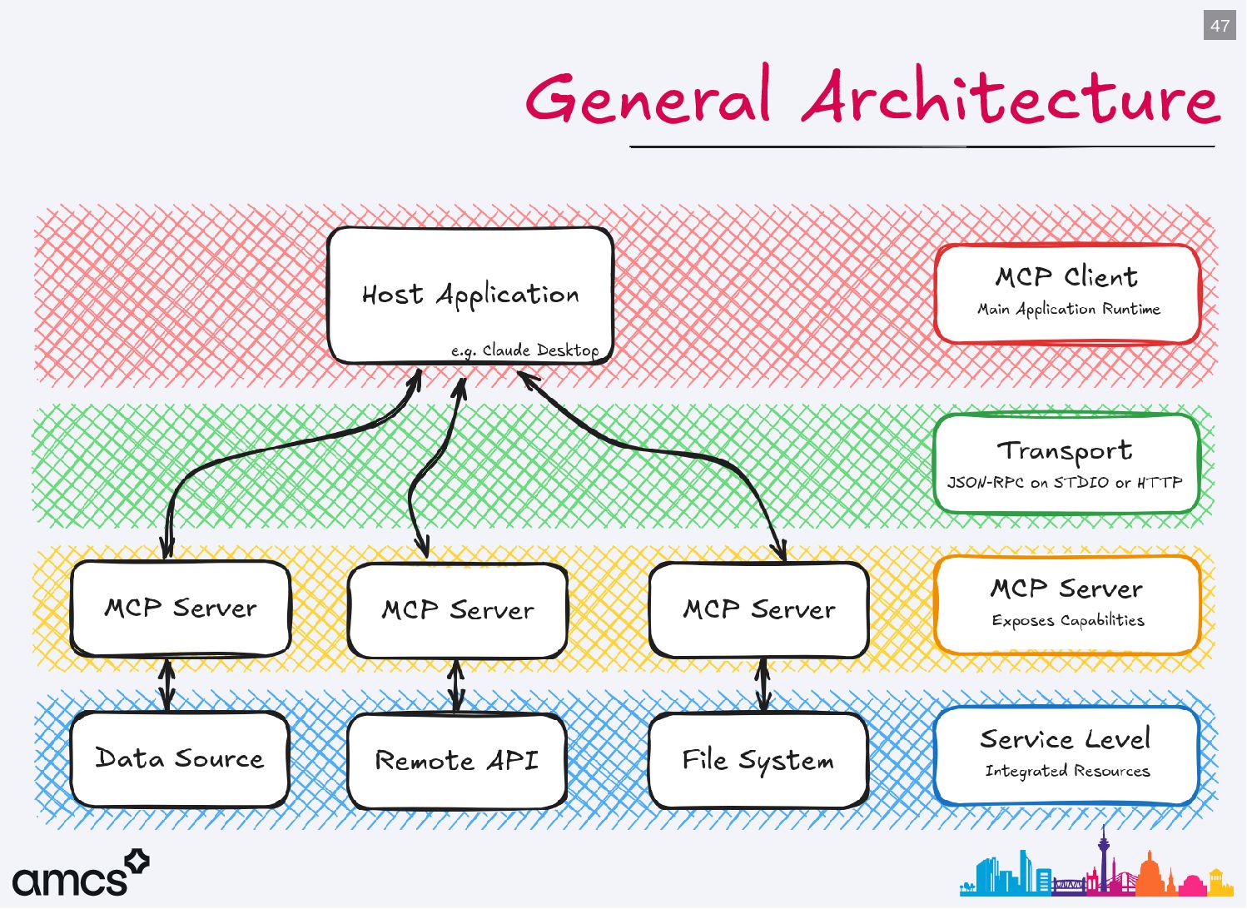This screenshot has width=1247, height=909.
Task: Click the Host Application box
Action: pyautogui.click(x=470, y=295)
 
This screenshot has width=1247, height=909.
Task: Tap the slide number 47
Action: pyautogui.click(x=1220, y=26)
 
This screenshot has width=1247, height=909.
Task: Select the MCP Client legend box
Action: pyautogui.click(x=1067, y=293)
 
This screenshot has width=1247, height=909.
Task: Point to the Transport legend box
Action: pyautogui.click(x=1066, y=463)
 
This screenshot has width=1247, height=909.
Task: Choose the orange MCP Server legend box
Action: pyautogui.click(x=1067, y=604)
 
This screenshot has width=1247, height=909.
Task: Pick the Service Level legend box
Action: pyautogui.click(x=1066, y=755)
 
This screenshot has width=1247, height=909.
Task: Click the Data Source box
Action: pyautogui.click(x=180, y=758)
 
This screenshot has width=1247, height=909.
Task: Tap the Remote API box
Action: pyautogui.click(x=456, y=761)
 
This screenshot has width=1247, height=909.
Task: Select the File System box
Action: pyautogui.click(x=758, y=760)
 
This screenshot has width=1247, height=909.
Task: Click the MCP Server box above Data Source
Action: pyautogui.click(x=181, y=608)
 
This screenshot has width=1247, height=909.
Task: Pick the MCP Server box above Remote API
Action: pyautogui.click(x=457, y=611)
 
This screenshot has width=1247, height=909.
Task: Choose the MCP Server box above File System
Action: pyautogui.click(x=758, y=610)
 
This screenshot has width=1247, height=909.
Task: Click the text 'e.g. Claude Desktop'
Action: pyautogui.click(x=524, y=350)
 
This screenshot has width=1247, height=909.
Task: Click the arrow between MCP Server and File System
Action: pyautogui.click(x=763, y=685)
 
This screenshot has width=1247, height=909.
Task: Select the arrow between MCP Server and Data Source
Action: pyautogui.click(x=167, y=685)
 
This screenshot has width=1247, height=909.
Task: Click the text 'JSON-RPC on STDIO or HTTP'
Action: pyautogui.click(x=1065, y=483)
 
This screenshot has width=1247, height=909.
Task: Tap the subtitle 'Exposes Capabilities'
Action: pyautogui.click(x=1067, y=621)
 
